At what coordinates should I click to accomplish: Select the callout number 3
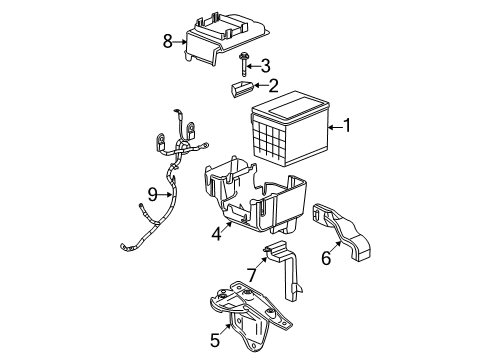[267, 65]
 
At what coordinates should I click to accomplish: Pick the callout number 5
[215, 340]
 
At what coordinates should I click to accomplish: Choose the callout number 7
[252, 274]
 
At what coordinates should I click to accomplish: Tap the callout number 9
[152, 194]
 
